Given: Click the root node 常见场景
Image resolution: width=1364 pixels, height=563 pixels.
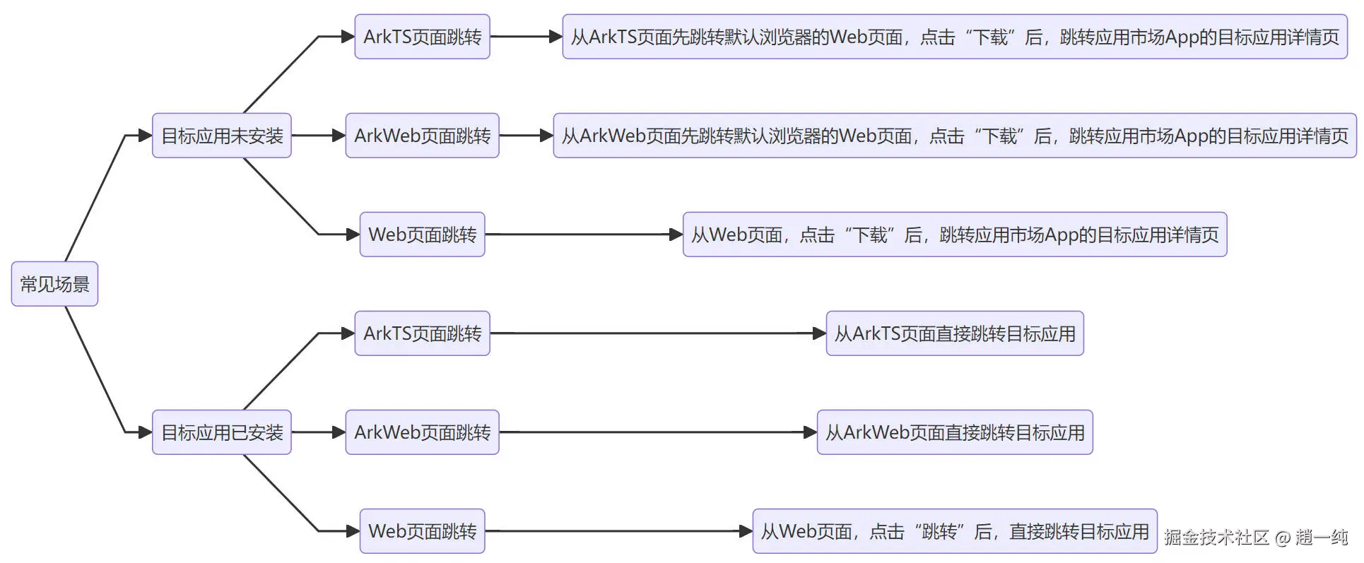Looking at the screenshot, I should (x=54, y=284).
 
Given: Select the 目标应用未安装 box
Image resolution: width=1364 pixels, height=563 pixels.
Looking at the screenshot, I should (x=221, y=136).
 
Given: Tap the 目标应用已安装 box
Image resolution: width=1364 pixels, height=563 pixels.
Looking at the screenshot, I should (x=221, y=432).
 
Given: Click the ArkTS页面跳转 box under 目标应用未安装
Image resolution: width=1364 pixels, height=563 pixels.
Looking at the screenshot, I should (x=422, y=37).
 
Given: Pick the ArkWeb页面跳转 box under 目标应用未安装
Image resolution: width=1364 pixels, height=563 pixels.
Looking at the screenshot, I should (x=422, y=136).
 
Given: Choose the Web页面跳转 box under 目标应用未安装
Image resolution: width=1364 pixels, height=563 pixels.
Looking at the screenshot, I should (x=422, y=235).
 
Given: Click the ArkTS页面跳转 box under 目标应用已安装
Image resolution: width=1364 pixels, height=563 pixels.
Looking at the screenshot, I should (x=422, y=333).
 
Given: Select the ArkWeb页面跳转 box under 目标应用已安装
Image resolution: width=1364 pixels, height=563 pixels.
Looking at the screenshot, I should (x=422, y=432).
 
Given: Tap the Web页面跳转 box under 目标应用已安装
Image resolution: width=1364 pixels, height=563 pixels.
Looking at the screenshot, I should (x=422, y=531).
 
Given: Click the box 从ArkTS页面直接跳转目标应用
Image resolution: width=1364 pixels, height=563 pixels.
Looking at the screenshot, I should (x=955, y=333).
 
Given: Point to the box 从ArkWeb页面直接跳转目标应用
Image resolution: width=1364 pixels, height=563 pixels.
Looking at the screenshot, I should (x=955, y=432).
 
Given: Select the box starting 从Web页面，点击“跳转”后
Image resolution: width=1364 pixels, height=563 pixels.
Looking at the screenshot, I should (x=955, y=531).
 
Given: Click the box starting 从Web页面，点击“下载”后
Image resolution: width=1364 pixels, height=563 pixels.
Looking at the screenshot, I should (x=955, y=235).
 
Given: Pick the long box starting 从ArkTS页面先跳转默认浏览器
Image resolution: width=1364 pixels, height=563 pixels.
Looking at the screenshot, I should (x=955, y=37).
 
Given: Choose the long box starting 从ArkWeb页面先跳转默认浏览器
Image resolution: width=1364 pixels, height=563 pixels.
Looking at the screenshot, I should (x=955, y=136).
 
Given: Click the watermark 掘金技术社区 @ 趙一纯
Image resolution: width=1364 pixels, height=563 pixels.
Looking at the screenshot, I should (x=1256, y=538).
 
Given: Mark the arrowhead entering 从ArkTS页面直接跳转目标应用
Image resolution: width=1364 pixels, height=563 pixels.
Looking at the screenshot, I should (x=819, y=333).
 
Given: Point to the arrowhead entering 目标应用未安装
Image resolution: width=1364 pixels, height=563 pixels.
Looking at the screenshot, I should (x=146, y=136).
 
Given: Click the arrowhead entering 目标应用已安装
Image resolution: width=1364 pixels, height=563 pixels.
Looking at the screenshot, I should (x=146, y=432).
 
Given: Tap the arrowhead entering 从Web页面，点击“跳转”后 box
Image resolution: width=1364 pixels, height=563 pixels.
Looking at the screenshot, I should (x=746, y=531).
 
